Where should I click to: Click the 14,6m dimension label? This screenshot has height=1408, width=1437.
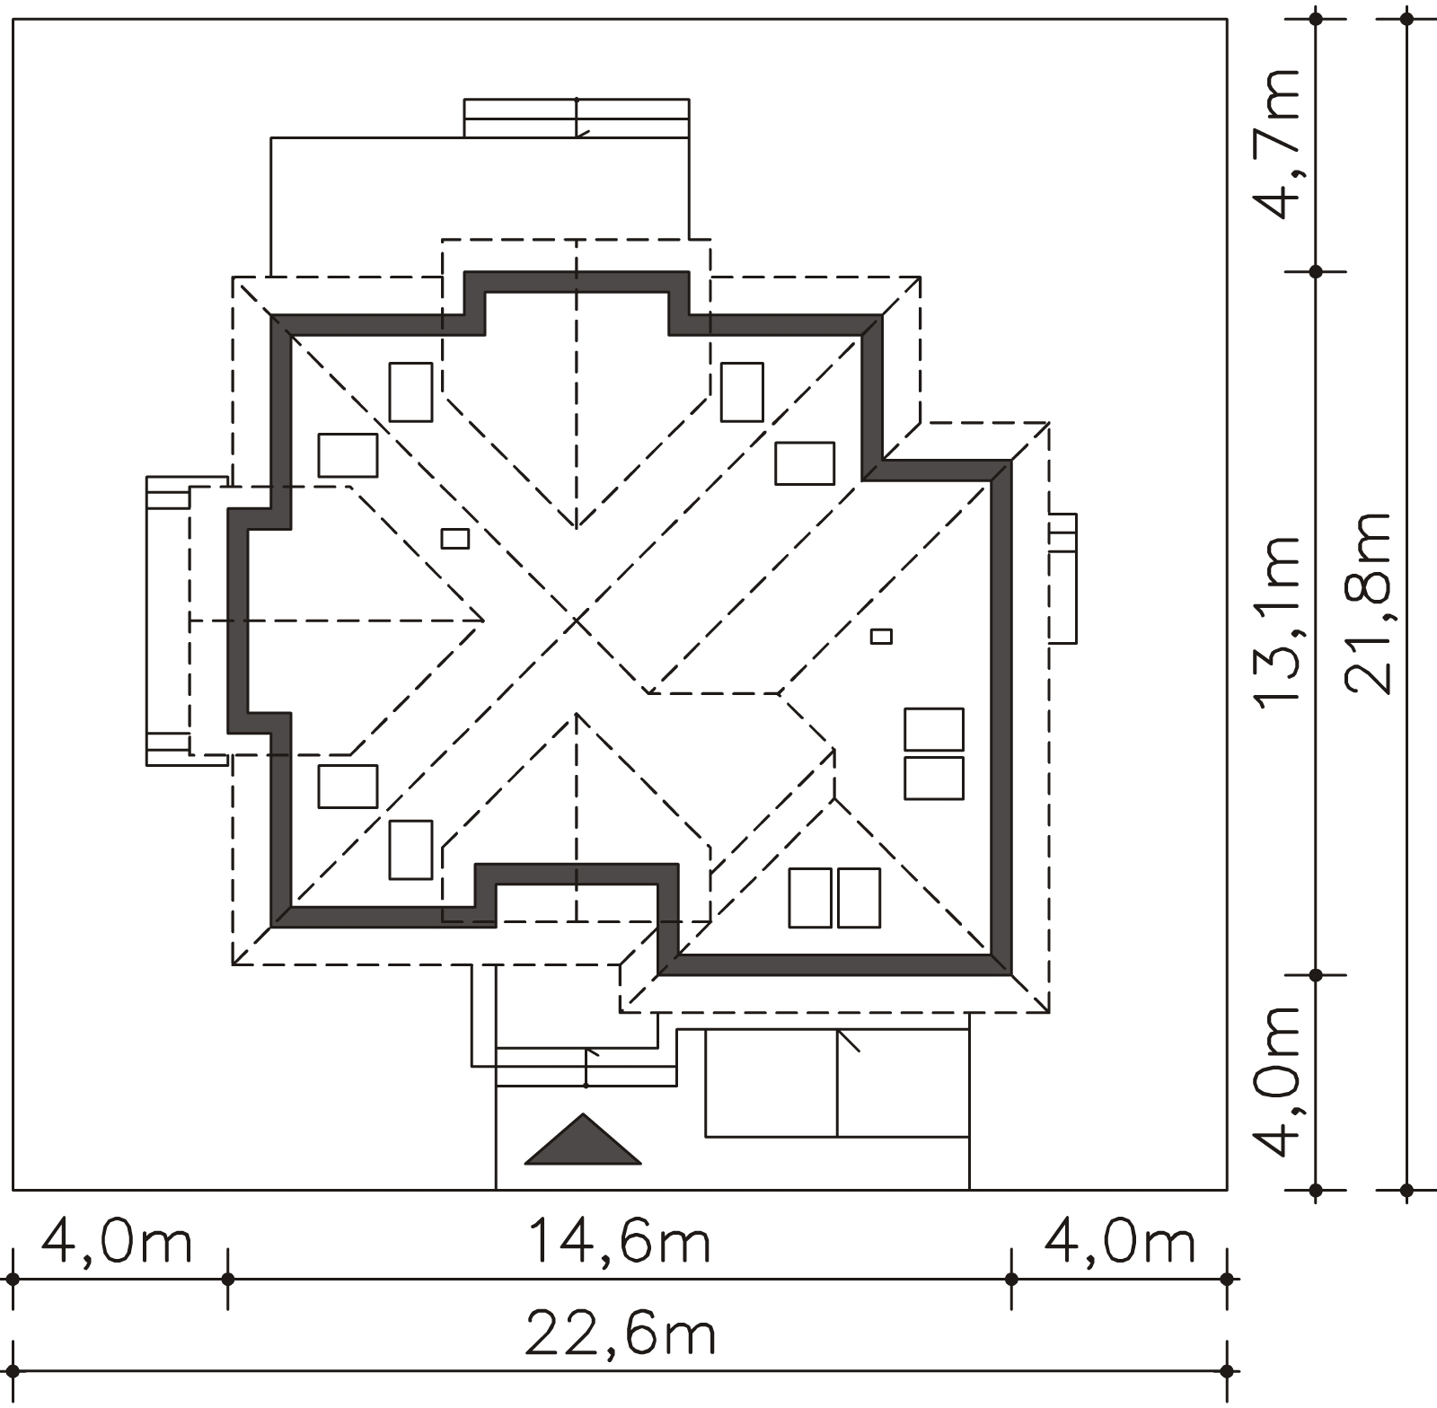click(620, 1243)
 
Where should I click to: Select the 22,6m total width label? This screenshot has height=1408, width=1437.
click(620, 1336)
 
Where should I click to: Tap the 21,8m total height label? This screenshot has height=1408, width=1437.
click(1369, 603)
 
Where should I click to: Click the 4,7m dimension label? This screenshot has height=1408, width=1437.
click(1277, 144)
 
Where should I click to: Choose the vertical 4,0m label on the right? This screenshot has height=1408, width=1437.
click(1277, 1081)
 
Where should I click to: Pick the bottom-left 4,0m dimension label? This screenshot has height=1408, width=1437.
click(117, 1243)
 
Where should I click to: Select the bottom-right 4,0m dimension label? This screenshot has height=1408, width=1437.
click(1120, 1243)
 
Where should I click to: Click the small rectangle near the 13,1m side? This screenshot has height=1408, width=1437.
click(882, 636)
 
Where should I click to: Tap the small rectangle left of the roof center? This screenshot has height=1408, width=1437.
click(455, 539)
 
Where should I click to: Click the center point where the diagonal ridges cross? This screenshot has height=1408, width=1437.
click(577, 620)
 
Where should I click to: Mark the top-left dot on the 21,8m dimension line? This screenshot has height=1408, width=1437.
click(1406, 20)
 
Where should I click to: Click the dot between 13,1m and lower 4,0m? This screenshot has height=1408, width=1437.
click(1316, 974)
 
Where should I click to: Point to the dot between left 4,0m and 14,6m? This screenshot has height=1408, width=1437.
click(228, 1278)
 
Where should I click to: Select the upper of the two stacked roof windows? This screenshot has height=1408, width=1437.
click(934, 729)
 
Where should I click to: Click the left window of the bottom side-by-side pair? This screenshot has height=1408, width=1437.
click(810, 898)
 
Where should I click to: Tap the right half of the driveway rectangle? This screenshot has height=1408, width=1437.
click(904, 1084)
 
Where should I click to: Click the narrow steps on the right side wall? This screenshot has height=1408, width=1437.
click(1062, 578)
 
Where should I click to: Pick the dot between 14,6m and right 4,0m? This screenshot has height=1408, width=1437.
click(1011, 1278)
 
